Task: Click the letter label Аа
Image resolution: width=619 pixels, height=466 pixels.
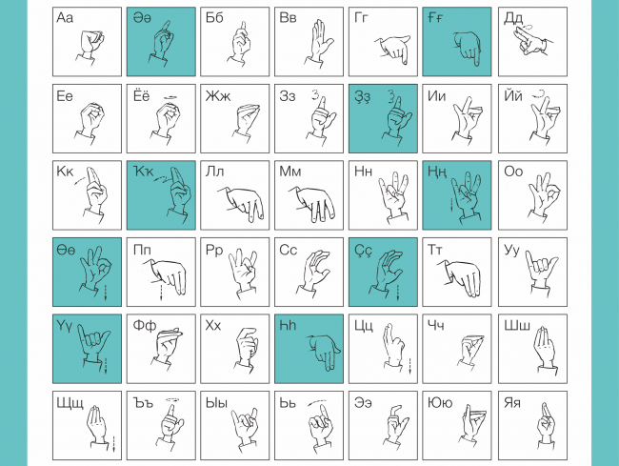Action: point(65,18)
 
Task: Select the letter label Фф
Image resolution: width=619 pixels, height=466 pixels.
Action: point(145,325)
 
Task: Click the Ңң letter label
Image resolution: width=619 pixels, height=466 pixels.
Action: point(437,172)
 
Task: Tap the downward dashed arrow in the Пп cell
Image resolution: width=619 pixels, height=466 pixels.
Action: point(161,292)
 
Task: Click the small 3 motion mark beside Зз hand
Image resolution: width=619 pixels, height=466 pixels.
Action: point(314,94)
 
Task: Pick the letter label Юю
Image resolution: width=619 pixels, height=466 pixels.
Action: point(440,402)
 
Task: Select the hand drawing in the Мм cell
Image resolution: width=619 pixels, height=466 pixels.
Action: point(311,203)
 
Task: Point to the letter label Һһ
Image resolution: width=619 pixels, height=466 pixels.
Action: point(288,325)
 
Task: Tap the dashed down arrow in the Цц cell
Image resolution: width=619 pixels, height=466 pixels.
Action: point(410,366)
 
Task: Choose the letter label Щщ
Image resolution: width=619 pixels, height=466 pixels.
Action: point(70,403)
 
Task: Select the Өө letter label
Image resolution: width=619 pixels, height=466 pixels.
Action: point(66,251)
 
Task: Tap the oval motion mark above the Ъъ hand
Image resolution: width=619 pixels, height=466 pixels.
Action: point(172,400)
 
